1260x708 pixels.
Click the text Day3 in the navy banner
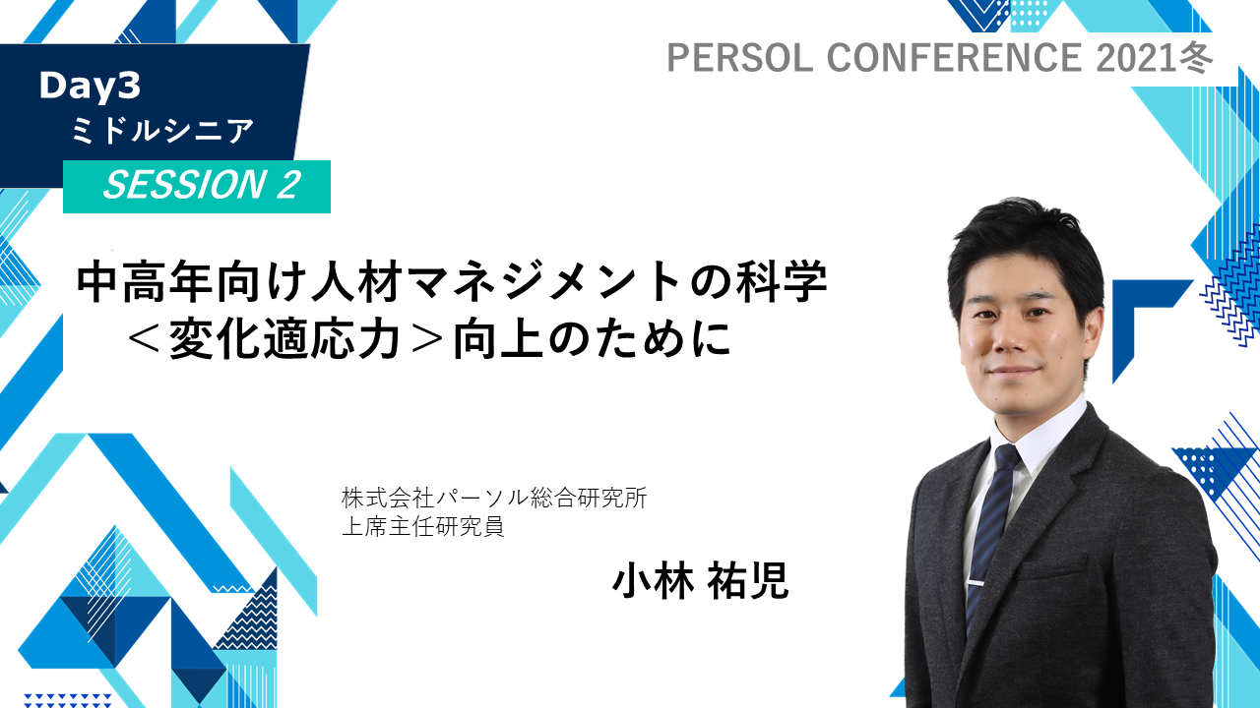point(90,87)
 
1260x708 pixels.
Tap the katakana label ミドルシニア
point(162,131)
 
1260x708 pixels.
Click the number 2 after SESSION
point(288,185)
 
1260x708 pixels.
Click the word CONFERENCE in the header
point(954,57)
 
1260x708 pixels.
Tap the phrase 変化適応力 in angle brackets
point(284,339)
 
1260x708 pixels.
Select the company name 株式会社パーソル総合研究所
point(494,498)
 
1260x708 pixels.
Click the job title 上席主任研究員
point(423,526)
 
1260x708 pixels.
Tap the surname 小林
point(653,581)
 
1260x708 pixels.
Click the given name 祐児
point(747,581)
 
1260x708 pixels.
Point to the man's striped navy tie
point(991,534)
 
